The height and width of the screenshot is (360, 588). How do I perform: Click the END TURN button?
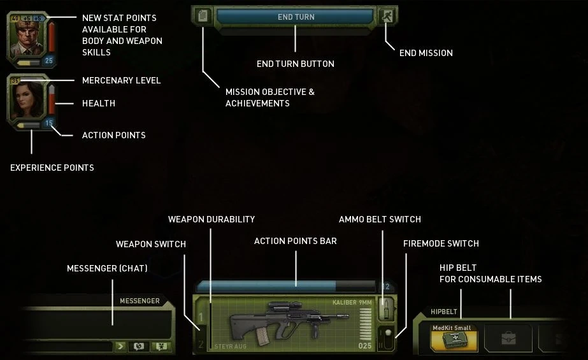295,17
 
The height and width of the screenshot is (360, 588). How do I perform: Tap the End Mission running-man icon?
387,17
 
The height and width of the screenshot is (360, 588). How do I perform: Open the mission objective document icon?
203,17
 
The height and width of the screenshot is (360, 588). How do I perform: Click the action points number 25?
48,61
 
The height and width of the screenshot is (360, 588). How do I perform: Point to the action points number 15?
48,123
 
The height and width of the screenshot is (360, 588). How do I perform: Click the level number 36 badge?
15,81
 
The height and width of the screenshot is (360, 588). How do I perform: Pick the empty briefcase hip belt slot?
508,338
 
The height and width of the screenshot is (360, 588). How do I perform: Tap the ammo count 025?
364,346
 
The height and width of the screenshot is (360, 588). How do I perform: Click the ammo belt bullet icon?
384,309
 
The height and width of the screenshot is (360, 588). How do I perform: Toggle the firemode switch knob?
385,334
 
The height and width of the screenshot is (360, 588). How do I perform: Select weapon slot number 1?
201,317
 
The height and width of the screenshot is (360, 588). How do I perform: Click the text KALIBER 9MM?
352,302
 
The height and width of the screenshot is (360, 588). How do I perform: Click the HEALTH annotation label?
99,103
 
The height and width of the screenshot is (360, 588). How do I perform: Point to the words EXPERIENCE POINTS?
52,168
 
